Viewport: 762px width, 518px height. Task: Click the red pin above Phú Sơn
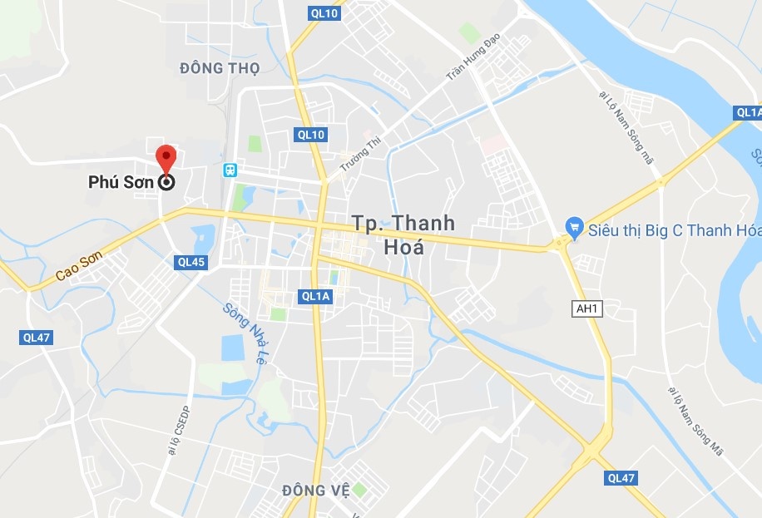pos(166,157)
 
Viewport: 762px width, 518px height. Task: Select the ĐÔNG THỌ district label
pos(220,68)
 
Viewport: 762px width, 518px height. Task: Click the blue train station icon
pos(230,170)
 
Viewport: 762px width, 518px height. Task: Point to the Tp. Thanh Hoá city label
pos(403,234)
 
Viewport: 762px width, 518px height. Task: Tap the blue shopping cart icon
pos(573,226)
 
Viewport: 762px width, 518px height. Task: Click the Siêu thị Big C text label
pos(674,229)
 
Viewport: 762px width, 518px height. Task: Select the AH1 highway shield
pos(587,308)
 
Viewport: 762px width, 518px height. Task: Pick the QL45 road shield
pos(190,262)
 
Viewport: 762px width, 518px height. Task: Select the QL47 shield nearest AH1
pos(621,478)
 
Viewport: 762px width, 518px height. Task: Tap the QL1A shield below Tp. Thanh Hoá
pos(316,296)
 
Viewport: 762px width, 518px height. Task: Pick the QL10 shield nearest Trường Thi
pos(311,134)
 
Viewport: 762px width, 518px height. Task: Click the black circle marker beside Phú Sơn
pos(166,183)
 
